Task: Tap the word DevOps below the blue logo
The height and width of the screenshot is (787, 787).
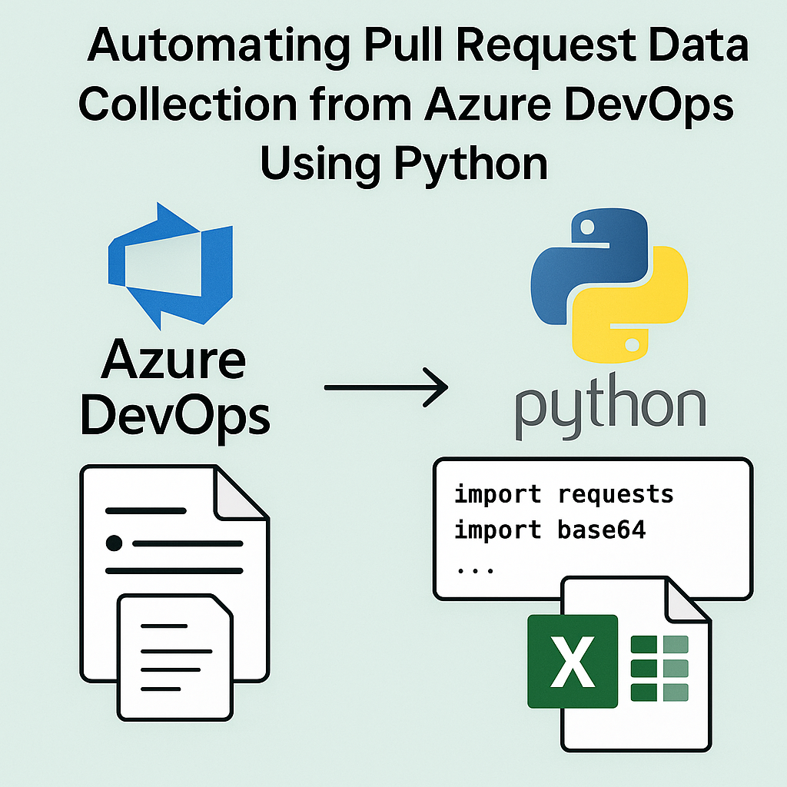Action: pyautogui.click(x=175, y=417)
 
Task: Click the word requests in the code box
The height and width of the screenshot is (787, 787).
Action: pyautogui.click(x=616, y=494)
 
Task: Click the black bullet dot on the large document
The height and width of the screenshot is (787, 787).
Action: pyautogui.click(x=114, y=543)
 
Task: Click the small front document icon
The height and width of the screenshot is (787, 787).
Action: pyautogui.click(x=174, y=656)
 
